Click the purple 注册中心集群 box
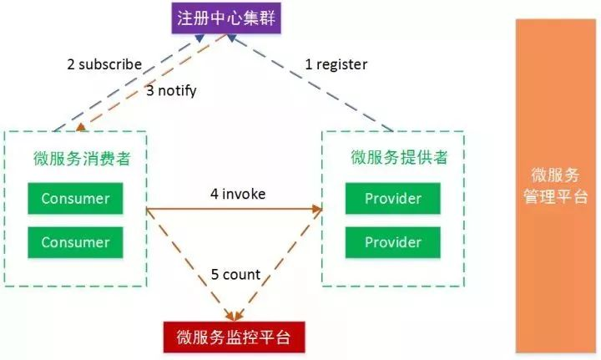click(x=226, y=18)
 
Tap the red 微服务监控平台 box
click(x=235, y=337)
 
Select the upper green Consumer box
click(x=75, y=198)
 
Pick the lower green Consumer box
click(x=75, y=242)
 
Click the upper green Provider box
click(x=393, y=198)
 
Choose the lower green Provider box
click(x=393, y=242)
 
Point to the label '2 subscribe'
click(x=104, y=64)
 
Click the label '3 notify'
click(x=171, y=91)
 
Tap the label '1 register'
click(x=336, y=64)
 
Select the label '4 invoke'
click(x=238, y=194)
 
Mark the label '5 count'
click(x=235, y=274)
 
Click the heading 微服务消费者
click(x=82, y=159)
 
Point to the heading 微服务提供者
click(x=399, y=157)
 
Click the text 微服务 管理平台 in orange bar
click(x=555, y=185)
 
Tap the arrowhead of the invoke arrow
click(x=317, y=209)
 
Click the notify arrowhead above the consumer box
click(x=80, y=127)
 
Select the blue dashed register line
click(x=310, y=83)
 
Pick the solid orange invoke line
click(x=235, y=209)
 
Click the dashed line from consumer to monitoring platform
click(x=190, y=265)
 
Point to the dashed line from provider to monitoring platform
click(x=278, y=265)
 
